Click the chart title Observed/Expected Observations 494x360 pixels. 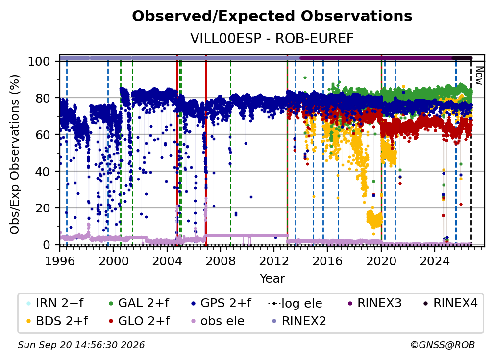tap(272, 16)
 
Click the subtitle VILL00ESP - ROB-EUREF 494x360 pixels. tap(272, 38)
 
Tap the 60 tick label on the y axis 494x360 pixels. tap(43, 134)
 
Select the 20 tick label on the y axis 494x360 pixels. tap(43, 208)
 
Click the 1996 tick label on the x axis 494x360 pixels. tap(60, 261)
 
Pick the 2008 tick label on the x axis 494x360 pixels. tap(221, 261)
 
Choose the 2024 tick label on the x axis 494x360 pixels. tap(434, 261)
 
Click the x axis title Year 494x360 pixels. tap(272, 279)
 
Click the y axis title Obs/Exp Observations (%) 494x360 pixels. tap(15, 154)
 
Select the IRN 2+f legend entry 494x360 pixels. tap(55, 303)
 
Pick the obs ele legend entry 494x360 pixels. tap(216, 321)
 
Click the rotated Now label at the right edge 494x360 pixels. tap(479, 76)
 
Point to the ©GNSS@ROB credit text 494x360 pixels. tap(443, 345)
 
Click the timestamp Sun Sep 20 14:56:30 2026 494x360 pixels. tap(81, 345)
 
